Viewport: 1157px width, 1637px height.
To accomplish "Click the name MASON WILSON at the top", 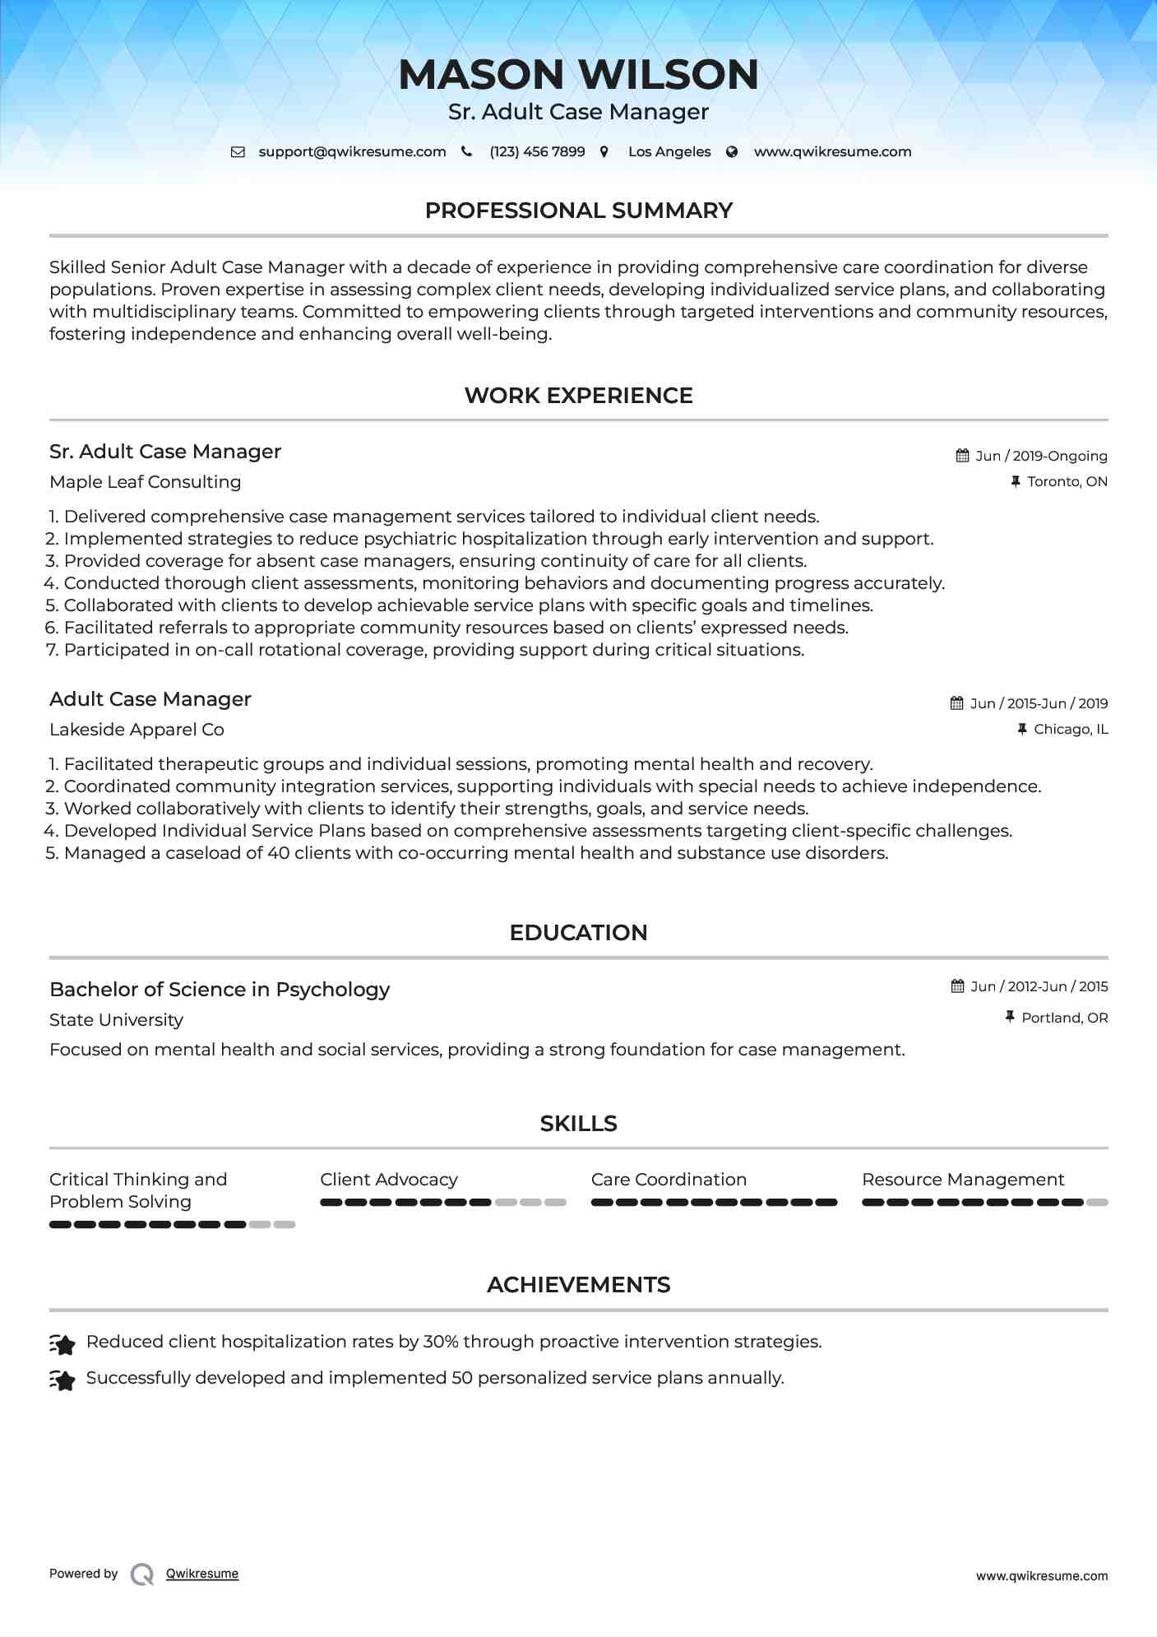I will pyautogui.click(x=578, y=74).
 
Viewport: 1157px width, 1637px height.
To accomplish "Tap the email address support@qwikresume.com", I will pyautogui.click(x=352, y=151).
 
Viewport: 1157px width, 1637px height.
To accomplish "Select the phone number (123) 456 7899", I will pyautogui.click(x=537, y=151).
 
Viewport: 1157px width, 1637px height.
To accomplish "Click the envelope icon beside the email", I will pyautogui.click(x=238, y=151).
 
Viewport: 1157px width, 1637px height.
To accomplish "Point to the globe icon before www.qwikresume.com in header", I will pyautogui.click(x=732, y=151).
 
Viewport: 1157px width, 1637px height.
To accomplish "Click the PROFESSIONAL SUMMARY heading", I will pyautogui.click(x=578, y=211).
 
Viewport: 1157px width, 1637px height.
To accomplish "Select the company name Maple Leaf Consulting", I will pyautogui.click(x=145, y=482).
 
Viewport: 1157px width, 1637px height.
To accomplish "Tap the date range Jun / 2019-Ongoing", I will pyautogui.click(x=1041, y=456).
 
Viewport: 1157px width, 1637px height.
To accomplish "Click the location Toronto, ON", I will pyautogui.click(x=1067, y=481).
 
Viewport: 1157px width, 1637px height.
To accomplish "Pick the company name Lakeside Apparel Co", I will pyautogui.click(x=137, y=730).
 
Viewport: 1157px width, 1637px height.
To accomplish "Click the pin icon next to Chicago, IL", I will pyautogui.click(x=1022, y=729).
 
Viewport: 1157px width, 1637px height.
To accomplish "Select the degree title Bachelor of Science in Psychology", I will pyautogui.click(x=220, y=990).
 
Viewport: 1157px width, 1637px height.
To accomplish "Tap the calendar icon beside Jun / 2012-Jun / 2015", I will pyautogui.click(x=957, y=986).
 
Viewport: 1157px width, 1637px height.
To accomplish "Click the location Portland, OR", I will pyautogui.click(x=1064, y=1018).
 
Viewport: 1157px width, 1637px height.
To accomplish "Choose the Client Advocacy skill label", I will pyautogui.click(x=389, y=1180).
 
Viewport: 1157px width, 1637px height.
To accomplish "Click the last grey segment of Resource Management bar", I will pyautogui.click(x=1097, y=1203).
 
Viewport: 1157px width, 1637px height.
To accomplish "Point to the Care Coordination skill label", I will pyautogui.click(x=669, y=1180).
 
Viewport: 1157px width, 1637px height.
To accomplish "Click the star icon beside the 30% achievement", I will pyautogui.click(x=62, y=1344).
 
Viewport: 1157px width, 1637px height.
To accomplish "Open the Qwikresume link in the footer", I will pyautogui.click(x=202, y=1574).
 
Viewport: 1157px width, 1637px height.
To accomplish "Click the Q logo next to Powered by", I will pyautogui.click(x=142, y=1574).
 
